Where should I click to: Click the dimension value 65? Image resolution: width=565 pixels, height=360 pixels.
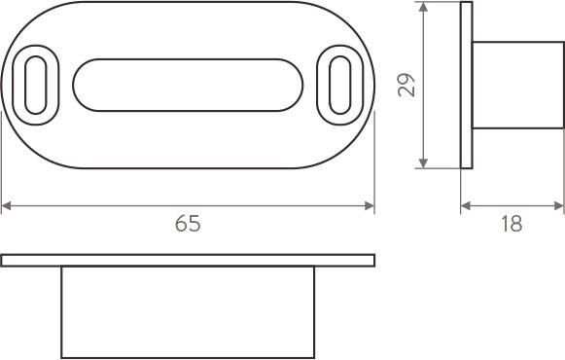click(188, 224)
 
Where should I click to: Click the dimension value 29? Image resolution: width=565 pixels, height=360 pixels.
click(406, 85)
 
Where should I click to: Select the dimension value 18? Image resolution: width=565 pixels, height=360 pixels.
click(512, 224)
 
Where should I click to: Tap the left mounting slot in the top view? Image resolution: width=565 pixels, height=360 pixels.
click(35, 85)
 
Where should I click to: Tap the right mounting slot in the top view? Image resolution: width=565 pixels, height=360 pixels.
click(339, 85)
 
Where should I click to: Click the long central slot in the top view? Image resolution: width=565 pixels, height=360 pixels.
click(188, 85)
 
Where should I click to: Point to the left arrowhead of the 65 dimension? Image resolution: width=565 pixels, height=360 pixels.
click(6, 206)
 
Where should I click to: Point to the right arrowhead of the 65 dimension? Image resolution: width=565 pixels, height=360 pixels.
click(370, 206)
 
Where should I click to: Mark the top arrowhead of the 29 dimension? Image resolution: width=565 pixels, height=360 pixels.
click(423, 7)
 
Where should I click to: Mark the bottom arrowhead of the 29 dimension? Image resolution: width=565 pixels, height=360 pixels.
click(423, 163)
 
